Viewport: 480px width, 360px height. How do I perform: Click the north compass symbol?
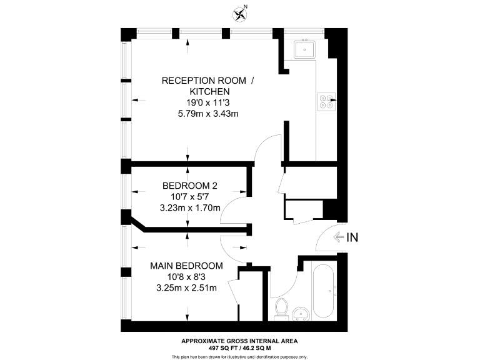pyautogui.click(x=239, y=12)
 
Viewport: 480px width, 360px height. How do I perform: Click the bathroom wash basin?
pyautogui.click(x=301, y=313)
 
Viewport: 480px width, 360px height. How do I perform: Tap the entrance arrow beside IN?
pyautogui.click(x=340, y=237)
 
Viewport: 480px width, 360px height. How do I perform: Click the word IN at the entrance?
pyautogui.click(x=353, y=237)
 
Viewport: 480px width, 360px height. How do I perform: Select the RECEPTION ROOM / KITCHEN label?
pyautogui.click(x=208, y=86)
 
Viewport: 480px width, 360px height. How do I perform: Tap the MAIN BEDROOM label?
pyautogui.click(x=187, y=266)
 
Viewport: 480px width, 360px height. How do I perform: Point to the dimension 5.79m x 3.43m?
pyautogui.click(x=208, y=114)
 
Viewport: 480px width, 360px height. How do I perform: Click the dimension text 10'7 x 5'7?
pyautogui.click(x=190, y=197)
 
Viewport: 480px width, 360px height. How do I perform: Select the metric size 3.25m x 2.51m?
pyautogui.click(x=187, y=288)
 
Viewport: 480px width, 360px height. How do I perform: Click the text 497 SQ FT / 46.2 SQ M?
pyautogui.click(x=239, y=347)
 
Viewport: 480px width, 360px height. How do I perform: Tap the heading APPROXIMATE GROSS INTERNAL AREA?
pyautogui.click(x=239, y=341)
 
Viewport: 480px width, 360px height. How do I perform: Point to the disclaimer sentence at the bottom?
pyautogui.click(x=239, y=356)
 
